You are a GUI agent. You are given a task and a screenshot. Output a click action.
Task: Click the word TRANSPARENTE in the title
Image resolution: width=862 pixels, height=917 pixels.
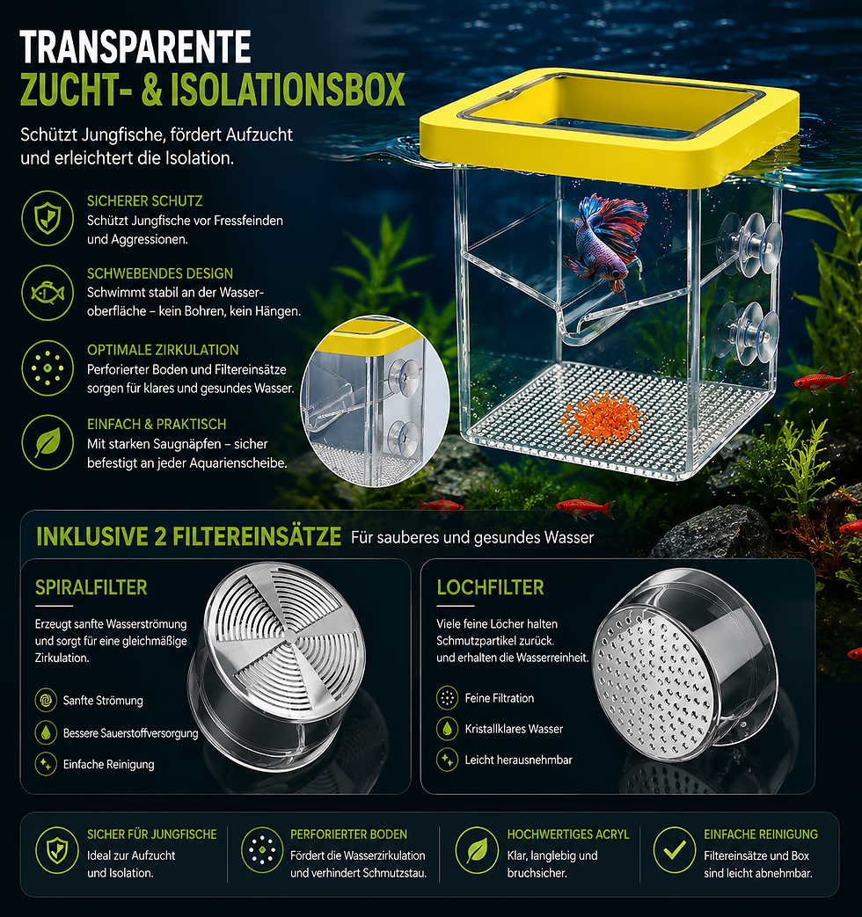(x=135, y=47)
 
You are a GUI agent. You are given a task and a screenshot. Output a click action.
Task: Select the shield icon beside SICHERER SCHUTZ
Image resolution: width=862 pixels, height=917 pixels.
(x=47, y=218)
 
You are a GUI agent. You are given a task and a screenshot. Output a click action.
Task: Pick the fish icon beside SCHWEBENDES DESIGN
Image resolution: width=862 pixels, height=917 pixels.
(x=47, y=293)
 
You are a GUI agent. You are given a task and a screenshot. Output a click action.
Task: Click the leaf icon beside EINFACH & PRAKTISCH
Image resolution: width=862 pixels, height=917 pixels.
(x=47, y=442)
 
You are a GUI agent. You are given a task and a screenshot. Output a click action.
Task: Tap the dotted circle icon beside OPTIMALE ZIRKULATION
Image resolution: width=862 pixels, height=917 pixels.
(x=47, y=368)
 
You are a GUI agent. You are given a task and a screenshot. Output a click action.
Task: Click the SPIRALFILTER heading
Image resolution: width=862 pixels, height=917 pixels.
(x=91, y=587)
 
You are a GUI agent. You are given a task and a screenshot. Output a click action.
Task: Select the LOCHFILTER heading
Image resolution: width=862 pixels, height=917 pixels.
(x=491, y=587)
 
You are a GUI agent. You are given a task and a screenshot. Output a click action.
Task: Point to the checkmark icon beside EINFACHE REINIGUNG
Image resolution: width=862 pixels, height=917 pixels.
(x=674, y=850)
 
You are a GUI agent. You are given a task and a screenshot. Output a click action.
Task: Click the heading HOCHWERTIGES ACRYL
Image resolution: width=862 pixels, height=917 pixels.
(x=568, y=834)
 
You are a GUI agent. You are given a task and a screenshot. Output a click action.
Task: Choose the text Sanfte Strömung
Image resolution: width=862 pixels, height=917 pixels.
(x=103, y=700)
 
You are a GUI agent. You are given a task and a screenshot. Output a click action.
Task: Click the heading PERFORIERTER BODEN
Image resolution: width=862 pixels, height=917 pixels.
(x=349, y=834)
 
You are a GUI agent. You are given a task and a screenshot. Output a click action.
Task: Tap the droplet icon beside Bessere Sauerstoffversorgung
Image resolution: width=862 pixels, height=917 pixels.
(x=46, y=732)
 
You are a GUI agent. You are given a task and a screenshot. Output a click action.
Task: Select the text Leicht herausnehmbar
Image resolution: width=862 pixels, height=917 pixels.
(x=518, y=760)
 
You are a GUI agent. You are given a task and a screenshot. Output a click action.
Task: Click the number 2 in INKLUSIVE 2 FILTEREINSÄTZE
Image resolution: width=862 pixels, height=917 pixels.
(x=161, y=537)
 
